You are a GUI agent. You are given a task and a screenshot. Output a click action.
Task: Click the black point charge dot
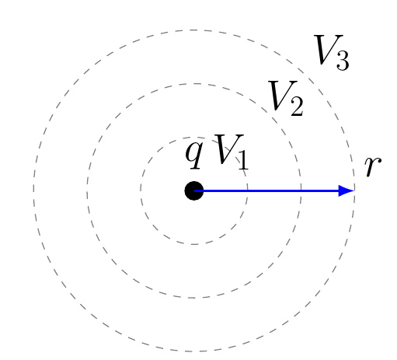(x=194, y=190)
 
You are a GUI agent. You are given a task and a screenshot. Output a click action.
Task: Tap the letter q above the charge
(x=193, y=155)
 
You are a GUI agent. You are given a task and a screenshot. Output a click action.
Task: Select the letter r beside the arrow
(x=372, y=166)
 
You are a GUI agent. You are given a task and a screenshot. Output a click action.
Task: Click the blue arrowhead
(x=347, y=191)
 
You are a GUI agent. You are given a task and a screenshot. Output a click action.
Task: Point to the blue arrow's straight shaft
(x=266, y=191)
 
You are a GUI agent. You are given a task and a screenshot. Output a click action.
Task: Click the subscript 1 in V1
(x=243, y=160)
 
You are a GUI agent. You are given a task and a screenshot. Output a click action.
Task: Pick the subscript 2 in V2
(x=297, y=107)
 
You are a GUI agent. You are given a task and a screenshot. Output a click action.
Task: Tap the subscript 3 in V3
(x=343, y=61)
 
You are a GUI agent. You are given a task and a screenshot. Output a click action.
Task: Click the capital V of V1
(x=228, y=149)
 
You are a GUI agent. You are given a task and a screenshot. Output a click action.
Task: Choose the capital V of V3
(x=328, y=50)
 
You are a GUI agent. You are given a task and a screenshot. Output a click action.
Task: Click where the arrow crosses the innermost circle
(x=248, y=191)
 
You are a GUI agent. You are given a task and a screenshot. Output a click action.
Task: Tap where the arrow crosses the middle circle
(x=301, y=191)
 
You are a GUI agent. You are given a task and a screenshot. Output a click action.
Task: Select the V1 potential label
(x=232, y=152)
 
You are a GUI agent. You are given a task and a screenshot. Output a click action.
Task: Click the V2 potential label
(x=286, y=98)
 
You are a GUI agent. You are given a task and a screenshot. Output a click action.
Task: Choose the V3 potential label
(x=332, y=53)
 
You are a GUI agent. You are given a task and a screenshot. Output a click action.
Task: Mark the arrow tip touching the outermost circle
(x=354, y=191)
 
